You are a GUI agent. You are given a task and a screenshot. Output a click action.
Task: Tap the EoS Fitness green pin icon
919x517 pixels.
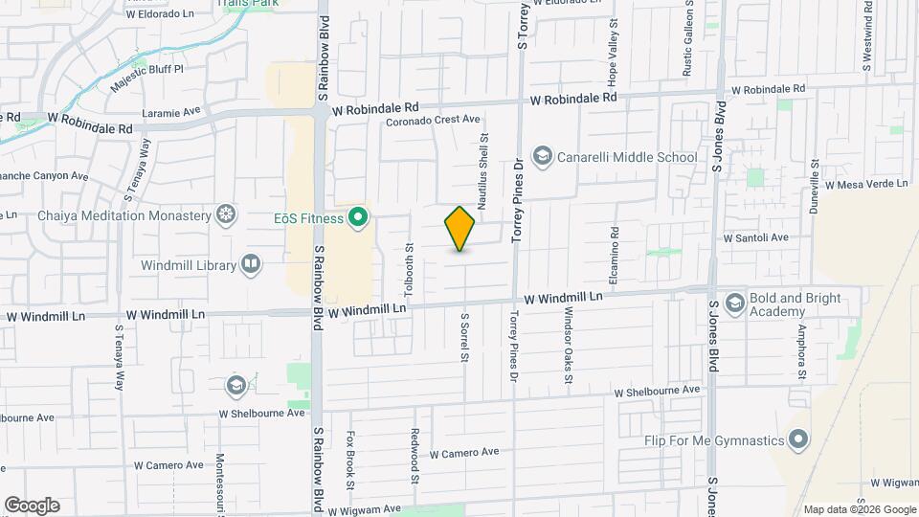click(359, 218)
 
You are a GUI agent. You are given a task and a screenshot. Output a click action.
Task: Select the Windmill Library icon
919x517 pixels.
click(251, 263)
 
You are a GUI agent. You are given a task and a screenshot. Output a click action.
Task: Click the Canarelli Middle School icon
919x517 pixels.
click(543, 157)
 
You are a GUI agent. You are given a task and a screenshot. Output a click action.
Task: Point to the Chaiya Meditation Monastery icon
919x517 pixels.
click(226, 214)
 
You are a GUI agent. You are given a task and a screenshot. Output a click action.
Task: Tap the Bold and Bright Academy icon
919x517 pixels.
click(735, 304)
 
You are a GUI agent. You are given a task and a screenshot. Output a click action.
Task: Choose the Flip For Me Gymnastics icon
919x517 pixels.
click(799, 441)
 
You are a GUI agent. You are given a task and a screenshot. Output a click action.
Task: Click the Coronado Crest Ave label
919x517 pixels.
click(432, 121)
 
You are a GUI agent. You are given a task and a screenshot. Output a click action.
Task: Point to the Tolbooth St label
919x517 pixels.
click(409, 269)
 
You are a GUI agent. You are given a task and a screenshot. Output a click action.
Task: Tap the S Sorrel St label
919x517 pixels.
click(464, 337)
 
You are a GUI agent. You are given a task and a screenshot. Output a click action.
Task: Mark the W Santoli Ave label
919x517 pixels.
click(755, 237)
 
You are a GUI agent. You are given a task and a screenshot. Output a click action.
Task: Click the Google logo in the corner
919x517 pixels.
click(32, 506)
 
